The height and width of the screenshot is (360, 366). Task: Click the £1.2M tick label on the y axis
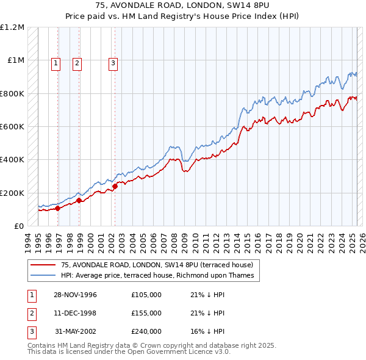12,27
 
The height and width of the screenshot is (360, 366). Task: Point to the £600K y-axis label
12,127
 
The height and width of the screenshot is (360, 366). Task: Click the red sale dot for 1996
58,209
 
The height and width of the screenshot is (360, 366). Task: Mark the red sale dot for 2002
115,186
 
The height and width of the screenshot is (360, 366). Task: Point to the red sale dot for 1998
79,200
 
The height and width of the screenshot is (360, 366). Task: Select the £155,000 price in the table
146,313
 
